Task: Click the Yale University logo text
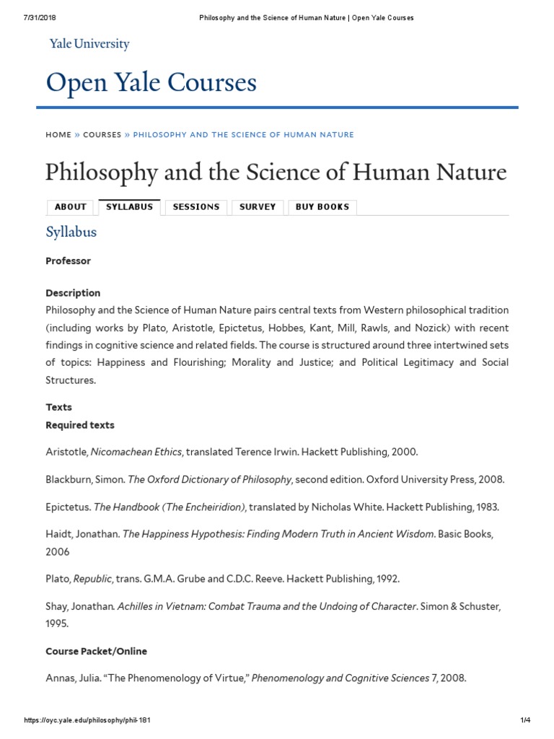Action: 89,44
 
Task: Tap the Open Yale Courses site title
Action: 151,83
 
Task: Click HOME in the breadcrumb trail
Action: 58,135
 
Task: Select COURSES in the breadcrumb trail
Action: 102,135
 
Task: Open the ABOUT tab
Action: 71,207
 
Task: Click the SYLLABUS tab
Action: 129,207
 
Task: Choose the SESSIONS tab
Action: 196,207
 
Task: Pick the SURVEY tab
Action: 258,207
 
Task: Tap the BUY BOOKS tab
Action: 322,207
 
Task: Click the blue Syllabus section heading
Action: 71,232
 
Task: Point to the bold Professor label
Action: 68,261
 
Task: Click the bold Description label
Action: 73,293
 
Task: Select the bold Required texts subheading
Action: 80,425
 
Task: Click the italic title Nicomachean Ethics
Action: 136,452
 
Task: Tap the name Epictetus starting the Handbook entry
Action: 67,507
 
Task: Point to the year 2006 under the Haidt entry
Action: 58,551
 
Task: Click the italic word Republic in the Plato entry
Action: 92,580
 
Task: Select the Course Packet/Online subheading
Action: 96,651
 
